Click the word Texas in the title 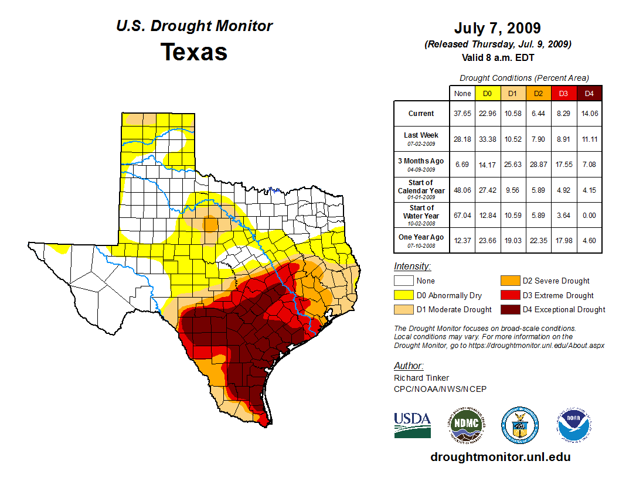click(194, 52)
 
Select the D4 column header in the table click(589, 94)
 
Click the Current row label click(421, 114)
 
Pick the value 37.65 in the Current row click(462, 114)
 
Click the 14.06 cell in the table click(589, 114)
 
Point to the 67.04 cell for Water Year click(462, 216)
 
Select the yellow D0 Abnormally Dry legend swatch click(404, 295)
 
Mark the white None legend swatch click(404, 281)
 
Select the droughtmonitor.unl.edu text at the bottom click(500, 457)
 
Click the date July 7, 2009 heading click(497, 28)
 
